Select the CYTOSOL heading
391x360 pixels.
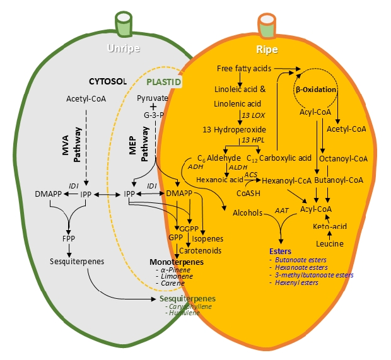point(108,81)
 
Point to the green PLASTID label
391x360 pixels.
point(164,82)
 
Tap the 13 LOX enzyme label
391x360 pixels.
point(254,116)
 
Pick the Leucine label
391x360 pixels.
point(329,243)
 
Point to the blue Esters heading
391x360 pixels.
point(281,250)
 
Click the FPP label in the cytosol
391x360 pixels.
point(68,240)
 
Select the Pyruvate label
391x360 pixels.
point(153,98)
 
